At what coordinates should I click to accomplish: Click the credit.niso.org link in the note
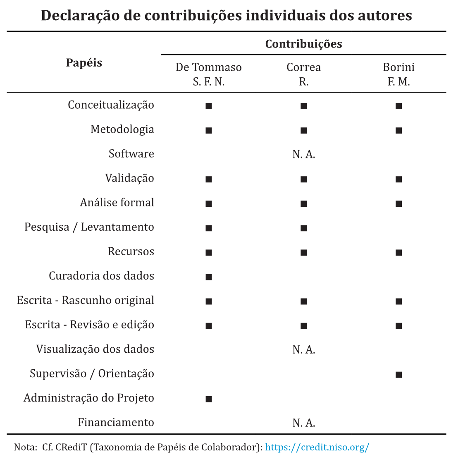point(317,447)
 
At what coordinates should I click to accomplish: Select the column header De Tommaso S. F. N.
point(209,74)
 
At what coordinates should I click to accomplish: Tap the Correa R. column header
point(304,74)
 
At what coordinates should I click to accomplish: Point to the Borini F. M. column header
point(399,74)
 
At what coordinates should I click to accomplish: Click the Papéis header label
point(84,63)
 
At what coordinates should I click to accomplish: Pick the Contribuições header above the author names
point(304,43)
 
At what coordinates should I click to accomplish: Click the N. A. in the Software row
point(304,154)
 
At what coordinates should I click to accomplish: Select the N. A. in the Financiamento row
point(304,423)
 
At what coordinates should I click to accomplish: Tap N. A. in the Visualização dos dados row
point(304,349)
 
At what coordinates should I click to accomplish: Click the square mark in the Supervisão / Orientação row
point(399,375)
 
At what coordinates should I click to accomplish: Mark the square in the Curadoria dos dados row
point(209,277)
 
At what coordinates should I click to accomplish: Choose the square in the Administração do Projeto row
point(209,399)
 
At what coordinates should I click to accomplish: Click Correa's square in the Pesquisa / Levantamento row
point(304,228)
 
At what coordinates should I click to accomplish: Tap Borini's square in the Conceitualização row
point(399,106)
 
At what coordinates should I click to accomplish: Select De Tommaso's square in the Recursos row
point(209,252)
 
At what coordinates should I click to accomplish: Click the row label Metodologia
point(122,129)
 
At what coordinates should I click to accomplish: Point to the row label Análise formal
point(117,203)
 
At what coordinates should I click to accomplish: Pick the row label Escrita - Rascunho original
point(86,300)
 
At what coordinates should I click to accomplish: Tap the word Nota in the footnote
point(23,447)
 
